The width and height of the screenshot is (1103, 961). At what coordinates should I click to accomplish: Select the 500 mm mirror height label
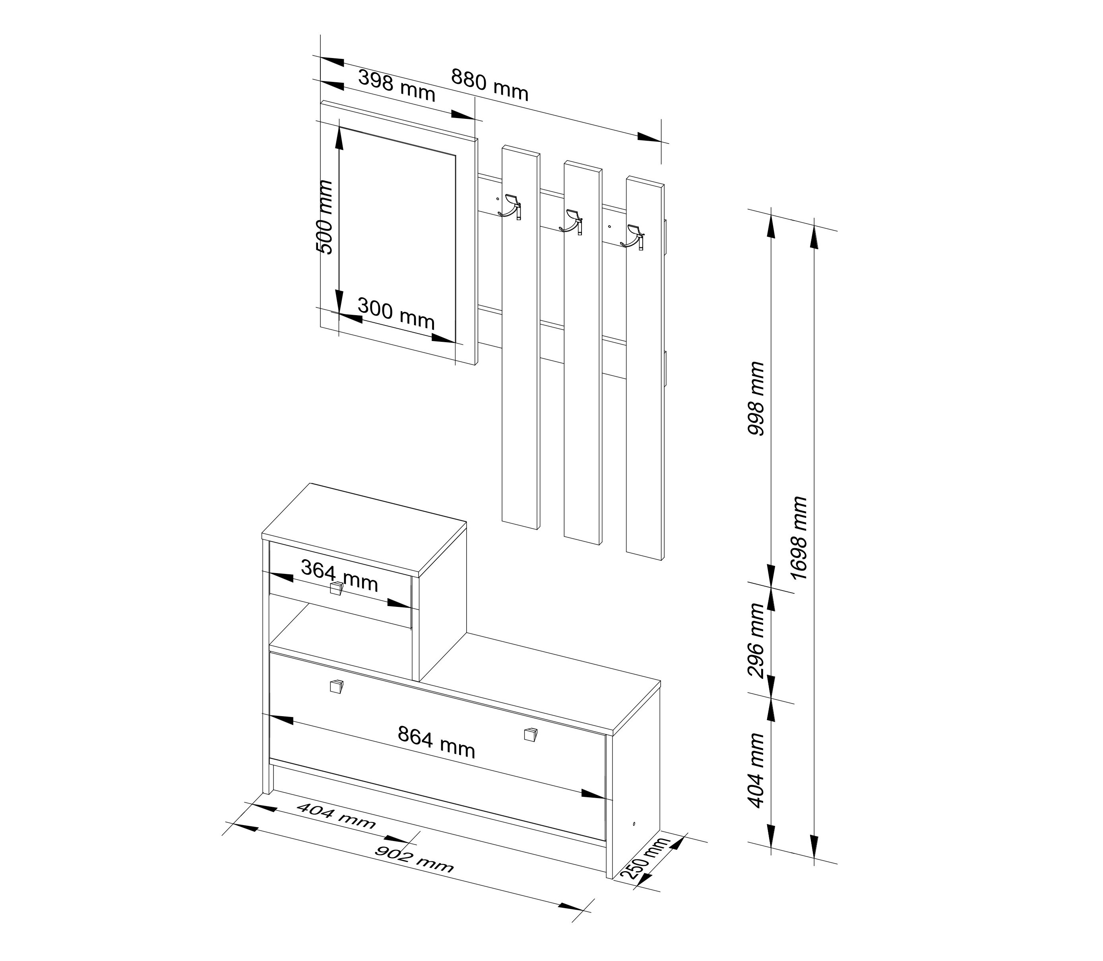point(324,217)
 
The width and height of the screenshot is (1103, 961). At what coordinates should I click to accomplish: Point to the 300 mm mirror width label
point(396,314)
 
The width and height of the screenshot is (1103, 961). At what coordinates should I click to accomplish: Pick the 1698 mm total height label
point(799,537)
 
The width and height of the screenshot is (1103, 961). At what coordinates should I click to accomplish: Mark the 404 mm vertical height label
point(756,770)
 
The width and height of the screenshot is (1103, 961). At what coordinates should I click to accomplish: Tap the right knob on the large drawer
point(530,734)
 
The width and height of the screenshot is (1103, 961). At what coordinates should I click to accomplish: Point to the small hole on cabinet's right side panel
point(634,823)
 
